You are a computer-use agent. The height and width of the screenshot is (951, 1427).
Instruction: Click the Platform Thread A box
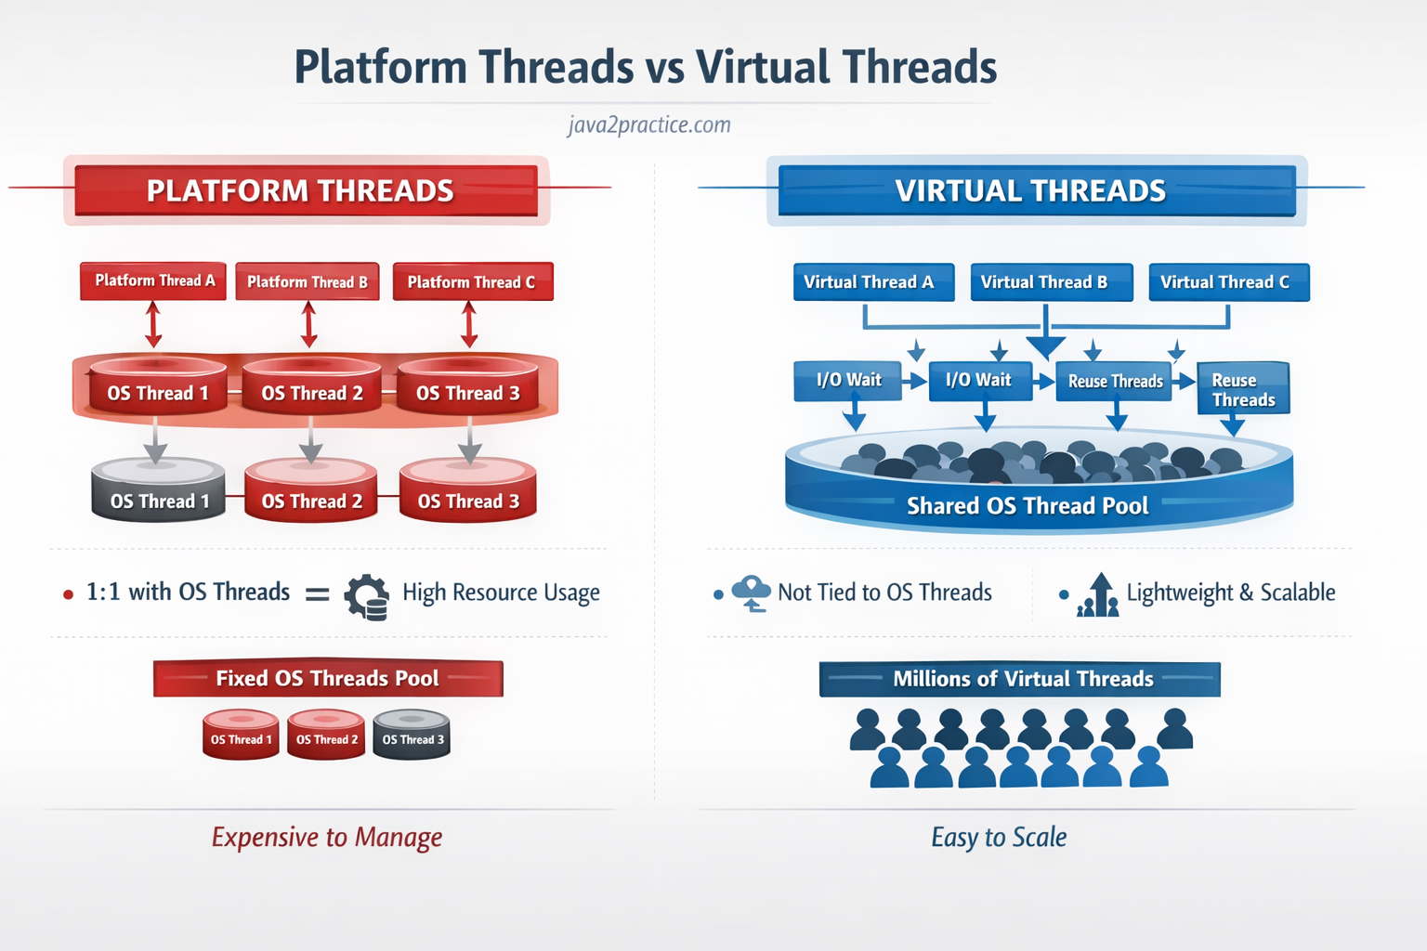(153, 280)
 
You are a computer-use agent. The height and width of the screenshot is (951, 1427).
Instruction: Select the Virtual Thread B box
(1051, 282)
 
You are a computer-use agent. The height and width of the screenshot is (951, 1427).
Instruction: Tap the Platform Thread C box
(472, 282)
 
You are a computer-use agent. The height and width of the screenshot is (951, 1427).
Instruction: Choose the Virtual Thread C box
(1228, 282)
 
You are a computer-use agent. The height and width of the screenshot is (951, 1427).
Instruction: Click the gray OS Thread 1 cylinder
(158, 490)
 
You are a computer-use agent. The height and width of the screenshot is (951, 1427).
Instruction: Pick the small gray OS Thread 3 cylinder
(412, 735)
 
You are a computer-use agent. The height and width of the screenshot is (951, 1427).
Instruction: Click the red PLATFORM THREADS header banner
(306, 190)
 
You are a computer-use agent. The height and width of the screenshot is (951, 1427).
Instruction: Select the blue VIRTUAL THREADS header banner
(1036, 190)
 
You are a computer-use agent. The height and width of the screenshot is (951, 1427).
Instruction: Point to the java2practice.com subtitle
(649, 124)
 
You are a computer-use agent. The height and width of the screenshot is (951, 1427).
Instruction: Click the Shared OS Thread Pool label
(1028, 506)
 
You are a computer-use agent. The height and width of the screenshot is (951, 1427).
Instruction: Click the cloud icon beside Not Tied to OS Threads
(751, 593)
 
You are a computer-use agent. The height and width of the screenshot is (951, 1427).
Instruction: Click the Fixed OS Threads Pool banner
(328, 678)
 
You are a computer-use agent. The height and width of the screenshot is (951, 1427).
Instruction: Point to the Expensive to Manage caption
(327, 837)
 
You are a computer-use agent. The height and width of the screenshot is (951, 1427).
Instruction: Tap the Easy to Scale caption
(999, 837)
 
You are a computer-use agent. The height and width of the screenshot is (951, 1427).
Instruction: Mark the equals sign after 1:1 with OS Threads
(318, 593)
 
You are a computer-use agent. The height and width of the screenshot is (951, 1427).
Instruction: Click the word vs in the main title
(664, 68)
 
